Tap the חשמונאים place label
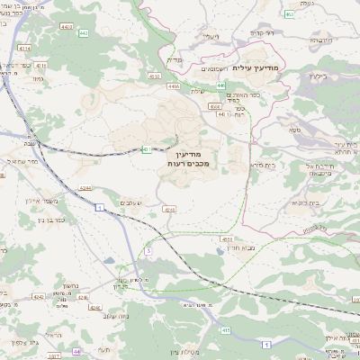pos(213,67)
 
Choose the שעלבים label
pos(131,204)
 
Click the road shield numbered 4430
pos(66,27)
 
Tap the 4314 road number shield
pos(24,48)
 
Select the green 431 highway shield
pos(145,149)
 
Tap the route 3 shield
pos(148,251)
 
